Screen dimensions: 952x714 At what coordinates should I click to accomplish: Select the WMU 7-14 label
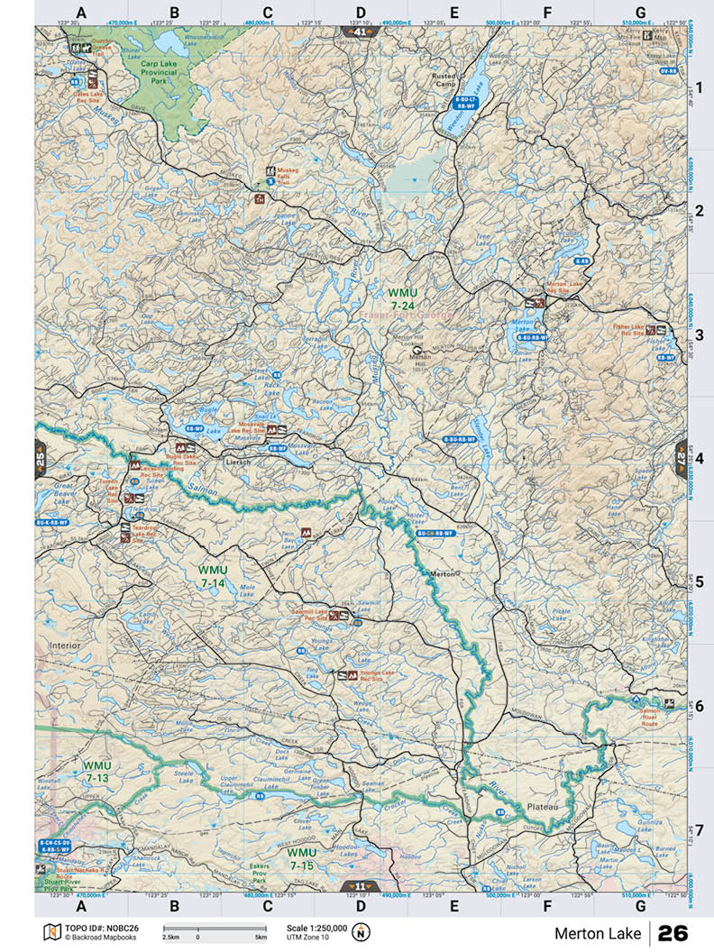click(214, 576)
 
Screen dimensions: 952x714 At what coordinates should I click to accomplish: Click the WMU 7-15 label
click(302, 857)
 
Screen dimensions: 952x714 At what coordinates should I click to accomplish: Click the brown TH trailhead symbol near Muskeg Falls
click(260, 199)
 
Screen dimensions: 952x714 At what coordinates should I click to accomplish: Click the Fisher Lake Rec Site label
click(627, 330)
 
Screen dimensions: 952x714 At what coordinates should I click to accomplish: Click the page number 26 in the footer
click(673, 932)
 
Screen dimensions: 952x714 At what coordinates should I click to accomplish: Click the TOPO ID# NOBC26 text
click(101, 927)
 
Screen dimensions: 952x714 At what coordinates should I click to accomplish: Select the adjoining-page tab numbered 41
click(360, 32)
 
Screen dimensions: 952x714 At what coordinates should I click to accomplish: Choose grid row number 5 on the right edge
click(699, 582)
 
